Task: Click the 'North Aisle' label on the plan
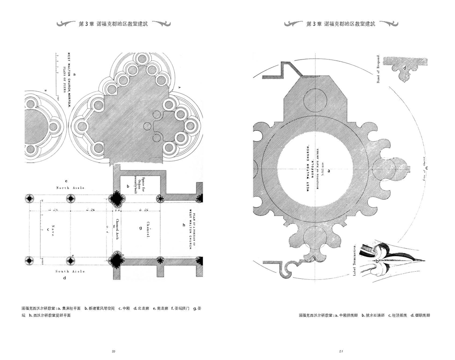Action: pyautogui.click(x=71, y=188)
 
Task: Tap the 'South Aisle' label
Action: pyautogui.click(x=70, y=272)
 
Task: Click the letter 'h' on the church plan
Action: pyautogui.click(x=183, y=225)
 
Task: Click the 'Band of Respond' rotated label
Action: pyautogui.click(x=378, y=69)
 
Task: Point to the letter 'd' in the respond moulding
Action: pyautogui.click(x=405, y=68)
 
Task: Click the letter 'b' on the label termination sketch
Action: pyautogui.click(x=377, y=260)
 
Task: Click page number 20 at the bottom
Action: pyautogui.click(x=114, y=351)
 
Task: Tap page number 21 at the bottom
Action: pyautogui.click(x=341, y=351)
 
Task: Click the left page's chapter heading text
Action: pyautogui.click(x=113, y=24)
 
